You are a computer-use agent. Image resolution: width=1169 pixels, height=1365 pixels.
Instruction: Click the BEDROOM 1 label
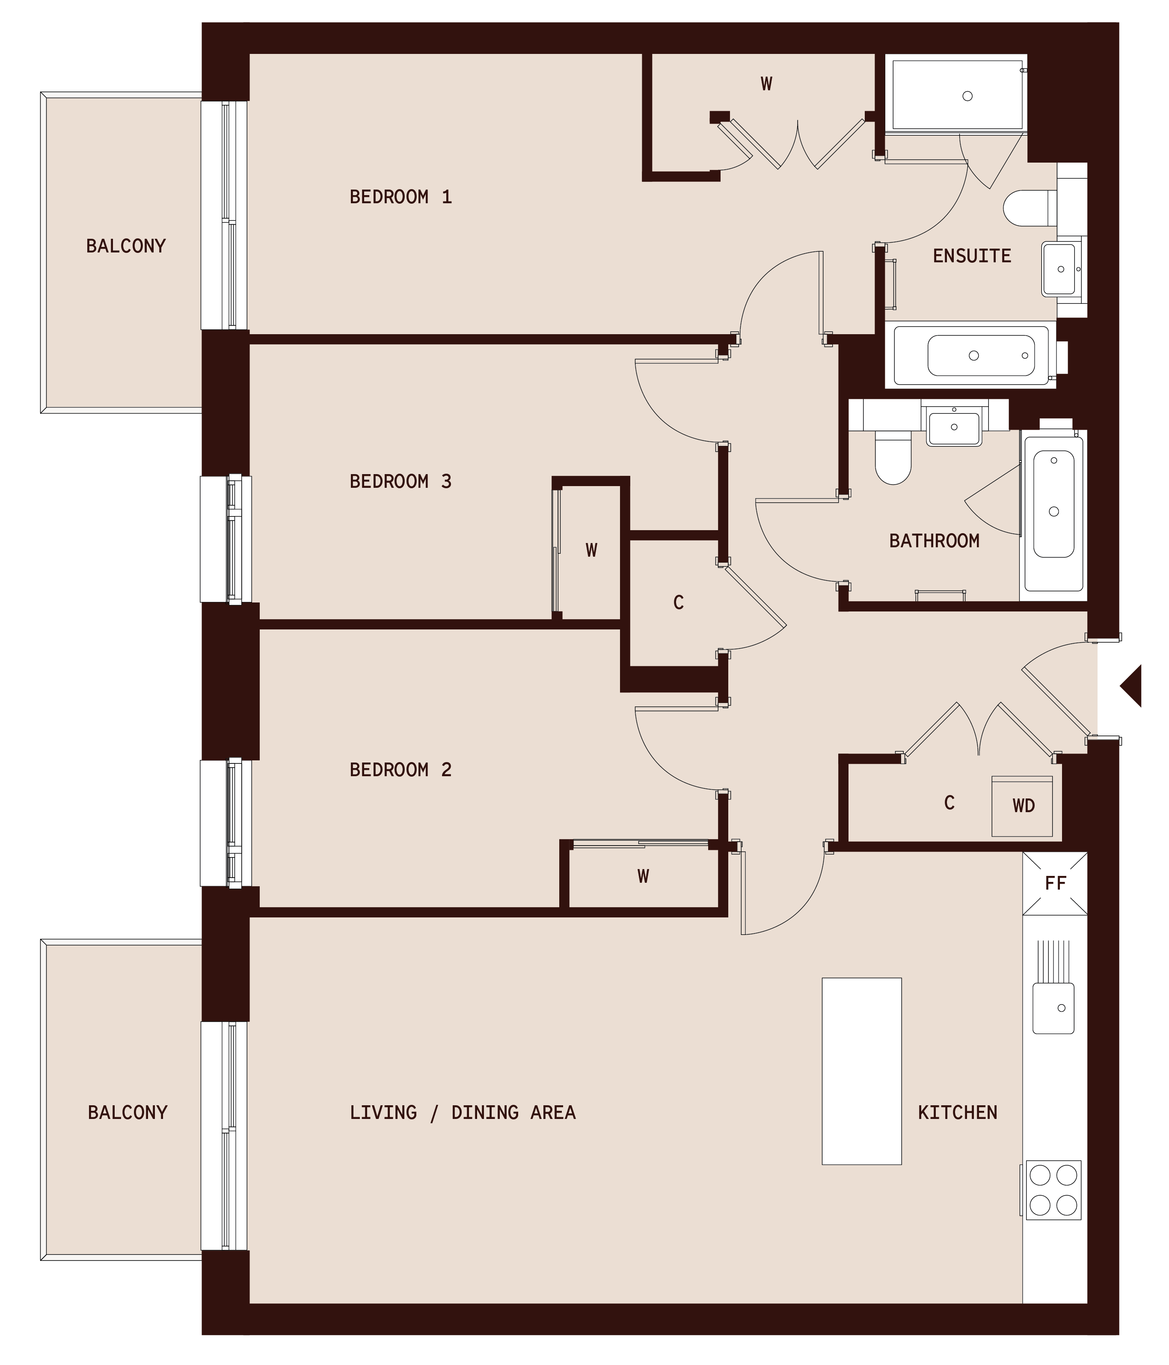pyautogui.click(x=401, y=197)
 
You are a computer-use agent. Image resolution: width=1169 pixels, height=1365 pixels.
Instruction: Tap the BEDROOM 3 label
pyautogui.click(x=401, y=481)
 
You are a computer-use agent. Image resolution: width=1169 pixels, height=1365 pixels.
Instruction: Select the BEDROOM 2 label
pyautogui.click(x=401, y=769)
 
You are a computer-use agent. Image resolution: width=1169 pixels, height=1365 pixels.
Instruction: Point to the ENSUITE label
pyautogui.click(x=971, y=255)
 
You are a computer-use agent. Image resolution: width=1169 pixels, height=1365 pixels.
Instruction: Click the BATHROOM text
pyautogui.click(x=934, y=541)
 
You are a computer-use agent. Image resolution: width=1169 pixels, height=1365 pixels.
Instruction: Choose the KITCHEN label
pyautogui.click(x=958, y=1113)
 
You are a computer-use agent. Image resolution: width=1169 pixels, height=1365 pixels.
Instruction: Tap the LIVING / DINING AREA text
pyautogui.click(x=462, y=1113)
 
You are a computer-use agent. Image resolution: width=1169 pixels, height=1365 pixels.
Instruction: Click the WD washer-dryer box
pyautogui.click(x=1022, y=806)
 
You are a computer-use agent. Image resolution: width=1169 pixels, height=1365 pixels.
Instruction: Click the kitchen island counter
pyautogui.click(x=861, y=1071)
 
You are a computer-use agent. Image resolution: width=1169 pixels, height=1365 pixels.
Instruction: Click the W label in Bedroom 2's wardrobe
pyautogui.click(x=644, y=876)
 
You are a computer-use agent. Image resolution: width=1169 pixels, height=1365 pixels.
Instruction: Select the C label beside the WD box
pyautogui.click(x=949, y=802)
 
